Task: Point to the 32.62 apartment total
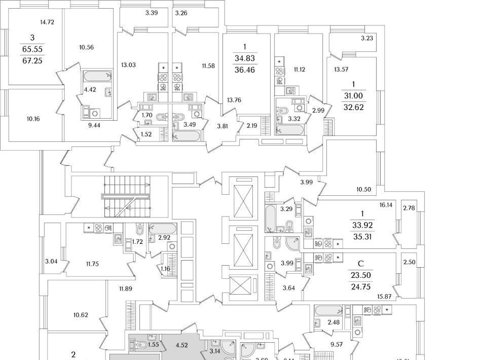click(x=353, y=107)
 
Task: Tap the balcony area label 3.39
click(x=152, y=12)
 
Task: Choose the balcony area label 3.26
click(x=181, y=12)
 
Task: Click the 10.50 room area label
click(x=364, y=189)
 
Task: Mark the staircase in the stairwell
click(x=127, y=196)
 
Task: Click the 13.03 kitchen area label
click(x=128, y=65)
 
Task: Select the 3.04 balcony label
click(x=51, y=262)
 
